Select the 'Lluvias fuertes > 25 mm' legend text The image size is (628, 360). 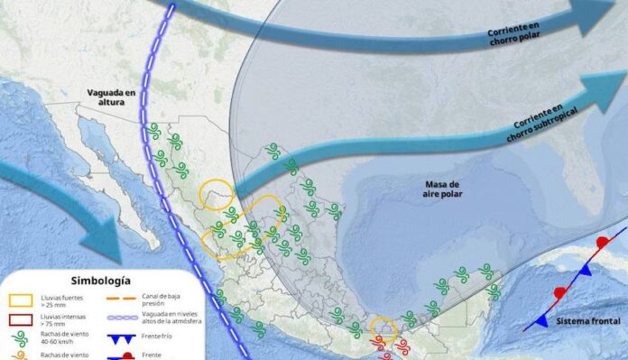(x=60, y=300)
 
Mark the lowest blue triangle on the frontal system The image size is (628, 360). (x=541, y=321)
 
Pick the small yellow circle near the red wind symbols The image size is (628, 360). (x=383, y=328)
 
